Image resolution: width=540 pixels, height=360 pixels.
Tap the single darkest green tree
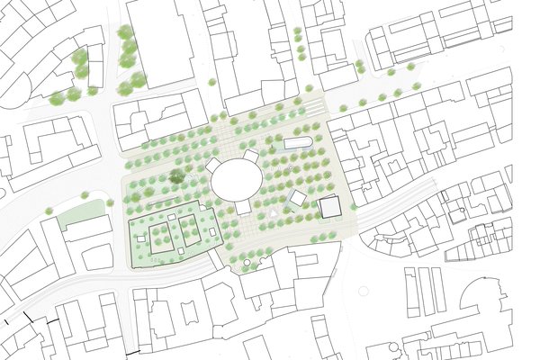pyautogui.click(x=177, y=177)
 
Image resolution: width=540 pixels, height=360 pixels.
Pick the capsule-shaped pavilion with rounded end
pyautogui.click(x=297, y=142)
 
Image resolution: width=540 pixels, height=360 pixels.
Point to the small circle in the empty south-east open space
pyautogui.click(x=364, y=291)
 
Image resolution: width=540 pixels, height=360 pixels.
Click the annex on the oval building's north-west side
pyautogui.click(x=213, y=165)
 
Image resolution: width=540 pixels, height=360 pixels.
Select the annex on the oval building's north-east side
pyautogui.click(x=252, y=156)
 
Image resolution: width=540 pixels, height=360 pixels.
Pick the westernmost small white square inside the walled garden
pyautogui.click(x=140, y=237)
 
